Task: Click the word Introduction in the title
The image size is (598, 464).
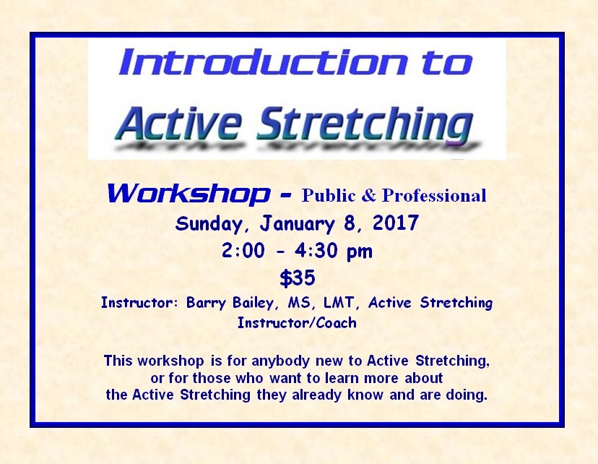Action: pyautogui.click(x=263, y=62)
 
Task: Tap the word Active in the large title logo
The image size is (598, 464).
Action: pyautogui.click(x=179, y=123)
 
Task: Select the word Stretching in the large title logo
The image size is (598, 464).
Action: pyautogui.click(x=365, y=125)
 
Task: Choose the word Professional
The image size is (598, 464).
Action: pyautogui.click(x=434, y=195)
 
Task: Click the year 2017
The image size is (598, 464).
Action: pyautogui.click(x=396, y=223)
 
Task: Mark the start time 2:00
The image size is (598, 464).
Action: pyautogui.click(x=243, y=251)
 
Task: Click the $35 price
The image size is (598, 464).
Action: pyautogui.click(x=298, y=278)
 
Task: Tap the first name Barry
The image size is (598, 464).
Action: pyautogui.click(x=206, y=303)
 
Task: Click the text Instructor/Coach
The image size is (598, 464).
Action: pyautogui.click(x=297, y=323)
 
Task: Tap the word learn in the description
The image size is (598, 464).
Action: pyautogui.click(x=342, y=378)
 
